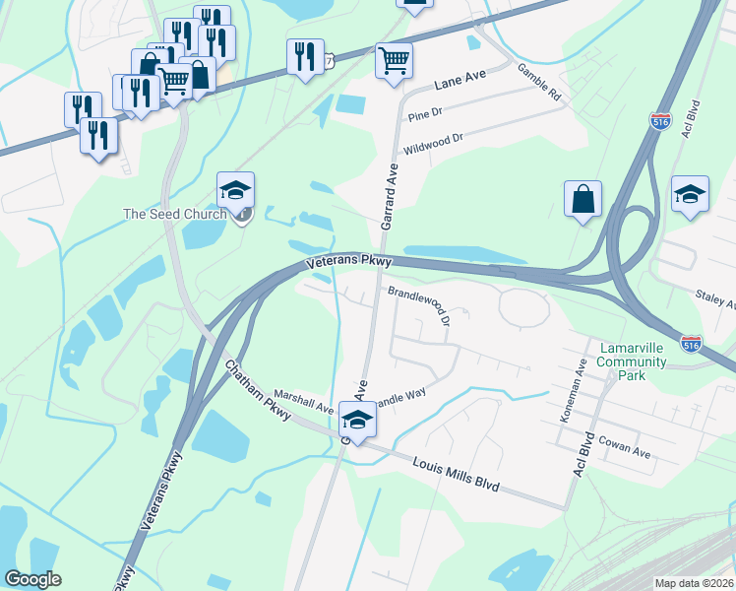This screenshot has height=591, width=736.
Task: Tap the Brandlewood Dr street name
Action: pyautogui.click(x=419, y=304)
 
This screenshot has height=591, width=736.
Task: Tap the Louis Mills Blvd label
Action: pyautogui.click(x=456, y=474)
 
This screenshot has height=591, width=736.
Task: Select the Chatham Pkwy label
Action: pyautogui.click(x=257, y=390)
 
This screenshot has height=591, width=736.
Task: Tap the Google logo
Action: pyautogui.click(x=32, y=579)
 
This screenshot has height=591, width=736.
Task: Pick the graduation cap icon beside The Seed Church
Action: pyautogui.click(x=236, y=189)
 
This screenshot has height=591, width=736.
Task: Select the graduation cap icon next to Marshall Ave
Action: pyautogui.click(x=357, y=420)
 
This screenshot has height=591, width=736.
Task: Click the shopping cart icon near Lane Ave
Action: pyautogui.click(x=394, y=60)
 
